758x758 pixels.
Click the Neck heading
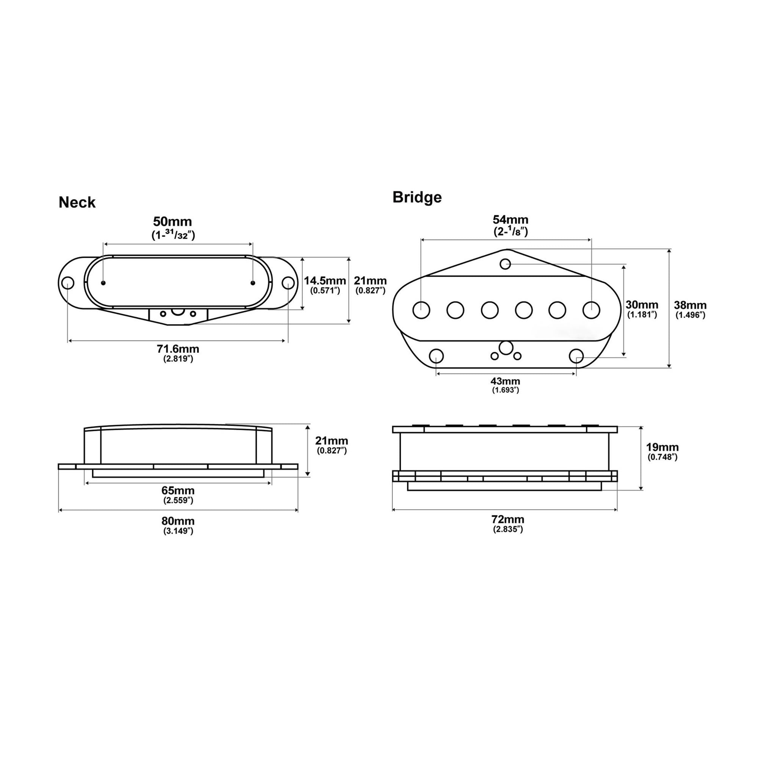click(77, 202)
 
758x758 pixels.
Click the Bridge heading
click(417, 197)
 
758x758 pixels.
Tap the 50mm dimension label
click(172, 221)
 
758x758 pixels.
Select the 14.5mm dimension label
click(325, 280)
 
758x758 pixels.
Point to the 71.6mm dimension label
click(178, 348)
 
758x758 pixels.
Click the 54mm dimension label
click(511, 219)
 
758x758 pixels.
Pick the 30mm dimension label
click(642, 304)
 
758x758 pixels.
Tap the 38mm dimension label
click(690, 305)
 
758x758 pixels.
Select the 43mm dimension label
click(505, 381)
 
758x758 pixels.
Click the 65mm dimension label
click(178, 490)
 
